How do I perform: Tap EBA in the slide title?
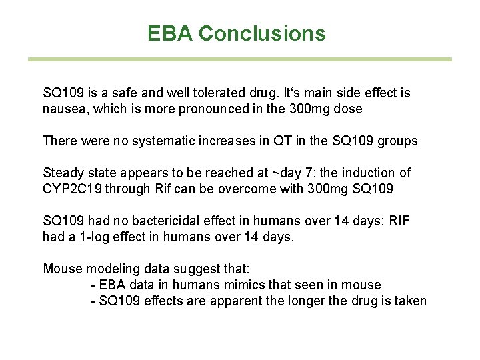coord(171,33)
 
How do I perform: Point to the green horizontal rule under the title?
coord(239,59)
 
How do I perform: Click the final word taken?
coord(409,301)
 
